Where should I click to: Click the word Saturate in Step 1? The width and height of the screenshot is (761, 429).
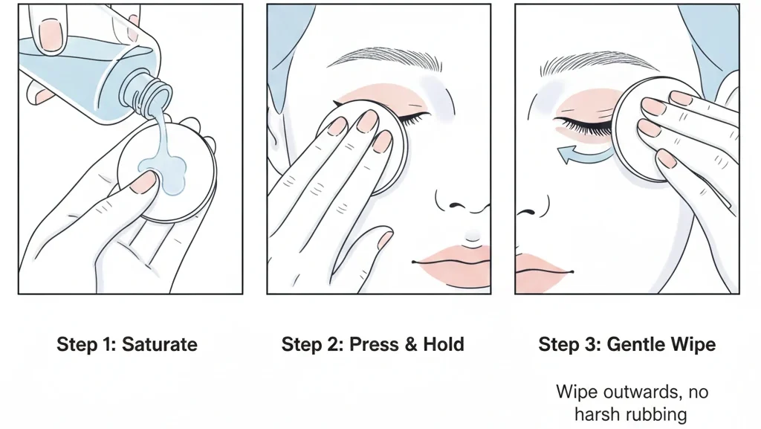click(159, 344)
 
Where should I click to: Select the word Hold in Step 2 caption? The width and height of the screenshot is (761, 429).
click(444, 344)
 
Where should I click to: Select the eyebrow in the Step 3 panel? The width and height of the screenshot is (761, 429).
click(597, 63)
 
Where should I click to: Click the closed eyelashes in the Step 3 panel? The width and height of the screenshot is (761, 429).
click(583, 126)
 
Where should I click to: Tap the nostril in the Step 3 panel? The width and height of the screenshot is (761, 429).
click(528, 212)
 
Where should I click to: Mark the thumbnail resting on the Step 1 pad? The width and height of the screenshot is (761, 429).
click(144, 182)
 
